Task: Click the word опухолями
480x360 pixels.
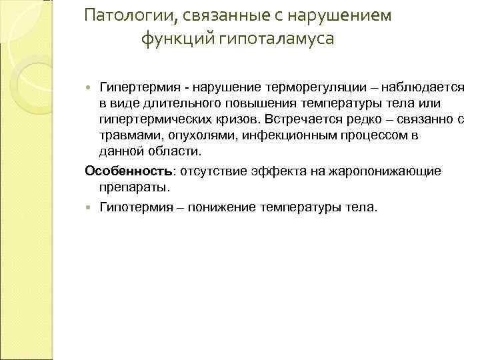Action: [195, 135]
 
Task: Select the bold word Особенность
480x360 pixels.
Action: [128, 171]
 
